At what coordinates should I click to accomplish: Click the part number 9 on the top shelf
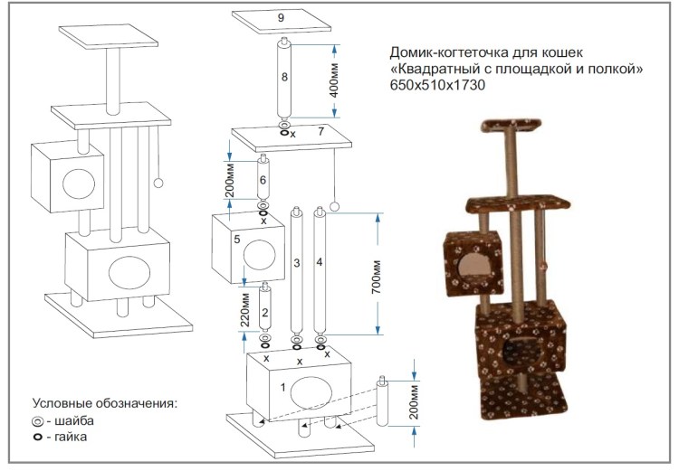point(281,16)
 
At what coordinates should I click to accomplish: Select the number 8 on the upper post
point(284,78)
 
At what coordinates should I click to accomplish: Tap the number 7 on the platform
point(320,132)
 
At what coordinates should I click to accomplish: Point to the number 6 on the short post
point(263,181)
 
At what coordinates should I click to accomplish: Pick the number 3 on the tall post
point(296,263)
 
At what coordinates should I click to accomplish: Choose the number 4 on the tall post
point(320,263)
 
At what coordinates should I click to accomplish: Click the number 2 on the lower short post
point(264,312)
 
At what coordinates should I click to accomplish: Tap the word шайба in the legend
point(75,420)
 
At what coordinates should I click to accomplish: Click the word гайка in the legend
point(72,438)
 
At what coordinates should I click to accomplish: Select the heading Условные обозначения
point(104,402)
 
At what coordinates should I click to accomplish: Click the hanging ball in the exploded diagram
point(334,207)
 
